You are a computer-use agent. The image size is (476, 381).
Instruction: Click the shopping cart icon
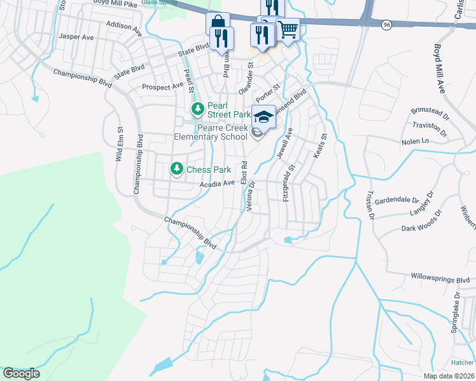pos(288,29)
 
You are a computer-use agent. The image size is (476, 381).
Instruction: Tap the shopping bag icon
pos(217,23)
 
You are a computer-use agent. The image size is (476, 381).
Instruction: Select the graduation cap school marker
pos(263,116)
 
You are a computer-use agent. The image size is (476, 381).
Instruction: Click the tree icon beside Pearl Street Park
pos(198,110)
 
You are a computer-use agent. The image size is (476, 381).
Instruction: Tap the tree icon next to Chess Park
pos(176,169)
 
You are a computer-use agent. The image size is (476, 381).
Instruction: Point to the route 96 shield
pos(386,24)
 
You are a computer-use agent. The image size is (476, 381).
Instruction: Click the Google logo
pos(21,373)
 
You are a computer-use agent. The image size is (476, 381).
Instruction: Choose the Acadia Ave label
pos(218,184)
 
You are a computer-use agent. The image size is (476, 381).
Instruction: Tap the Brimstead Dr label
pos(430,117)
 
